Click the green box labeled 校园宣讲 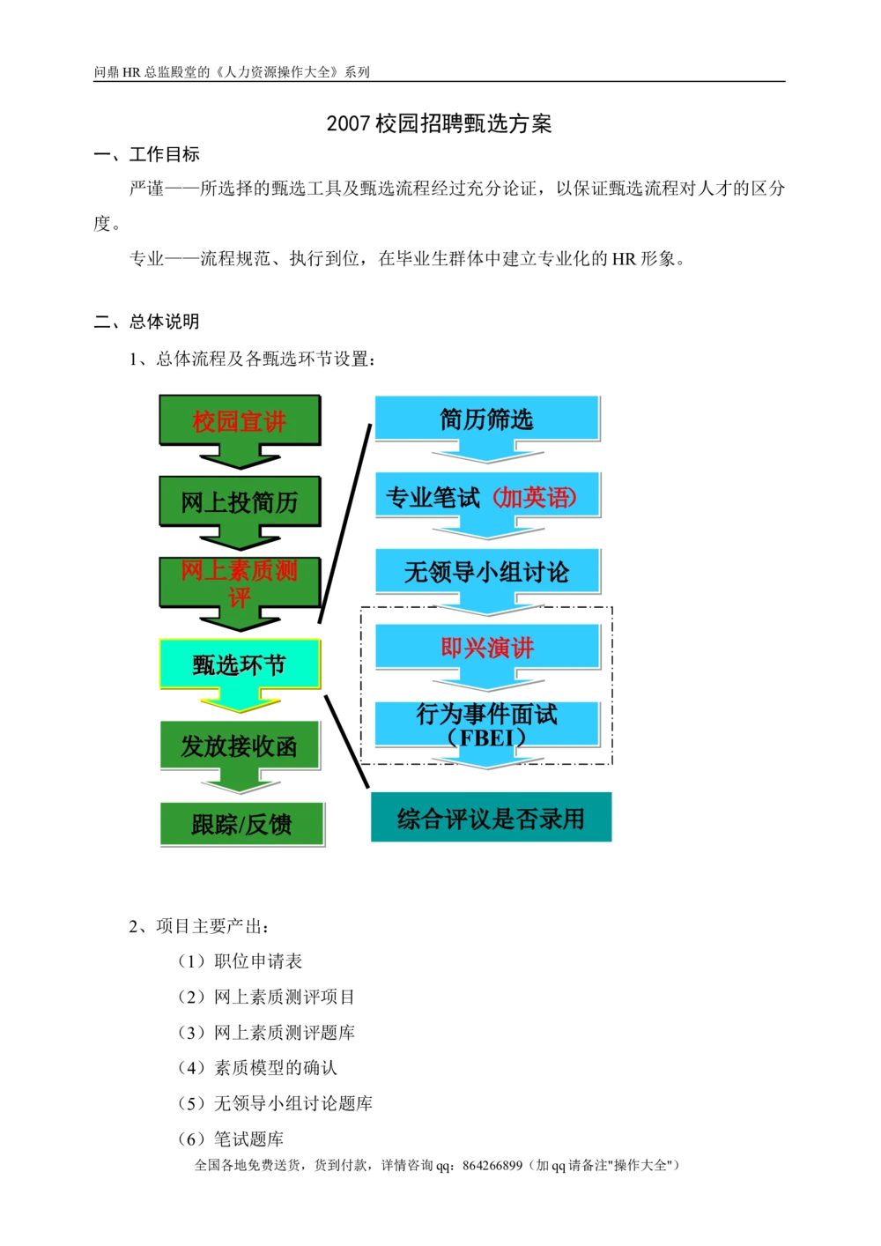[239, 421]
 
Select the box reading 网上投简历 [239, 501]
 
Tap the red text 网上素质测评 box [239, 582]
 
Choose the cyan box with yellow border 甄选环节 [239, 664]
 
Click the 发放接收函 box [239, 746]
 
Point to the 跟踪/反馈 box [241, 825]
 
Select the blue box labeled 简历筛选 [486, 419]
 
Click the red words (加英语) [534, 498]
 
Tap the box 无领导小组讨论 [486, 572]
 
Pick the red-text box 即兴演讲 [487, 649]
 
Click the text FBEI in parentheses [486, 737]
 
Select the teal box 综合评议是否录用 [491, 819]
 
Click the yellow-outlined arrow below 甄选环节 [240, 701]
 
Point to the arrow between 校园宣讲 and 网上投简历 [239, 458]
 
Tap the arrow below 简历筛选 [486, 453]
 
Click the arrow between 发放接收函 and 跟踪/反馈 [239, 783]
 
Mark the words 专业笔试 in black [433, 498]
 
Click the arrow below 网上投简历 [239, 537]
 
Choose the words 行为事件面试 [486, 714]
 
